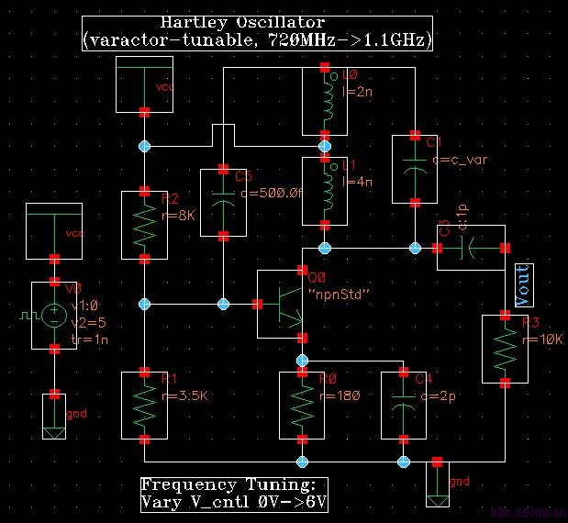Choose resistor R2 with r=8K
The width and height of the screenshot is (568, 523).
[x=145, y=225]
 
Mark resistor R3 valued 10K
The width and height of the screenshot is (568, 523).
[x=504, y=348]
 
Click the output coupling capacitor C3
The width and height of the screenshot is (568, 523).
[x=469, y=248]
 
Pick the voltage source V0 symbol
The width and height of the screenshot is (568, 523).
[x=55, y=316]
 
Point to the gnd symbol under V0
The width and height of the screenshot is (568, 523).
[x=54, y=416]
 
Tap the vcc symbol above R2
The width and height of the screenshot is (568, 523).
[x=145, y=83]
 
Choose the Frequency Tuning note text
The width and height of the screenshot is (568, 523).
[x=233, y=493]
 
